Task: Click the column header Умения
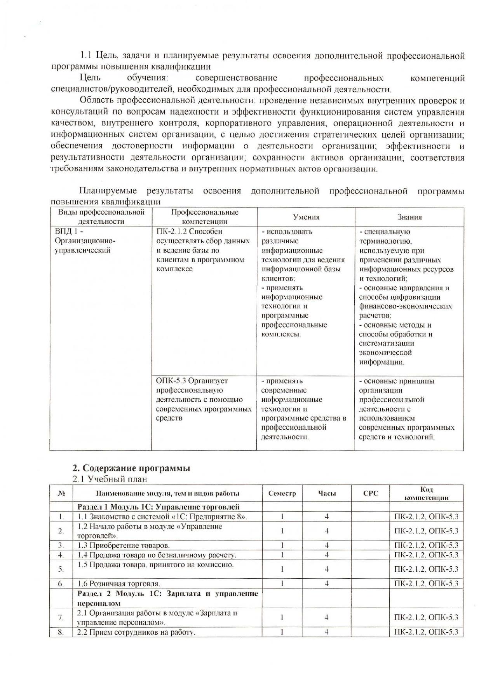(x=306, y=217)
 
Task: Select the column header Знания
(x=409, y=217)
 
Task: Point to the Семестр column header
(x=282, y=494)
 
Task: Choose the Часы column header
(x=327, y=494)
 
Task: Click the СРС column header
(x=370, y=494)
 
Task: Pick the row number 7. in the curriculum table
(x=61, y=617)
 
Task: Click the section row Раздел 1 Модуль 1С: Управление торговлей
(x=159, y=507)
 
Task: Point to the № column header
(x=61, y=494)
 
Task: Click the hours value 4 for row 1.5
(x=327, y=569)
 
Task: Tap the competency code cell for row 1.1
(x=426, y=516)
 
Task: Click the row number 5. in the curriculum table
(x=61, y=569)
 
